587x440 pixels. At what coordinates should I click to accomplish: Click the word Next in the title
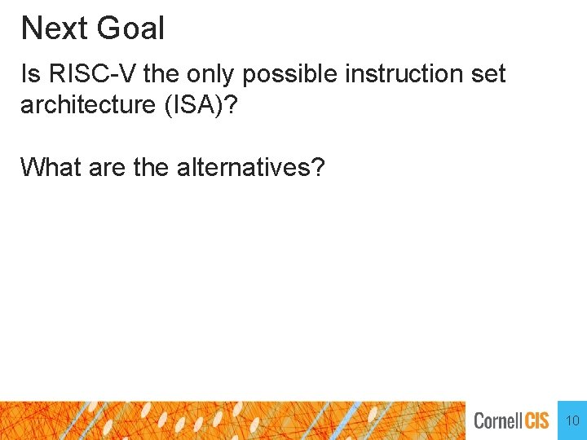[54, 29]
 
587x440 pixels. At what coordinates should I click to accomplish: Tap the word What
[48, 167]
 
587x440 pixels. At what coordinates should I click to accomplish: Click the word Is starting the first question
[30, 74]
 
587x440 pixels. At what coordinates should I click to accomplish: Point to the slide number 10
[572, 421]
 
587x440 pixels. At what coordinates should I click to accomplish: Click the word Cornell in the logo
[499, 421]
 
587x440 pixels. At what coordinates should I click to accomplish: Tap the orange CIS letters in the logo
[537, 421]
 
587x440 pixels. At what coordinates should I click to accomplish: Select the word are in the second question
[104, 167]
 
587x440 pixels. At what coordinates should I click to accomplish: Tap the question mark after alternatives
[319, 167]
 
